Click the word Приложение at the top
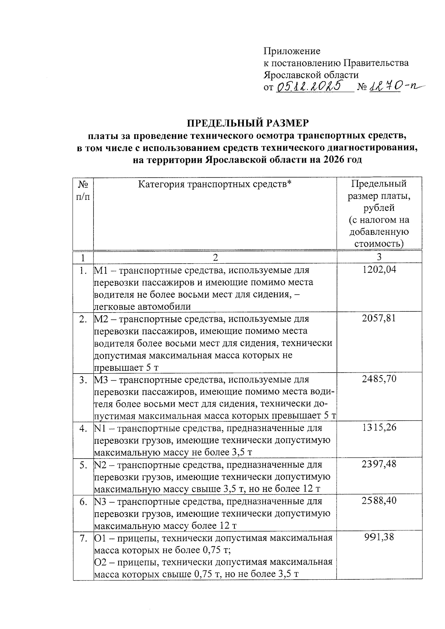click(x=292, y=51)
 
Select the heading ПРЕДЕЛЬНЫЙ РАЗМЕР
click(x=247, y=122)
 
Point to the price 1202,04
click(x=379, y=270)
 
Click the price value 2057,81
click(x=379, y=318)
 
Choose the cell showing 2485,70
click(x=379, y=379)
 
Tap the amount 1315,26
click(x=379, y=428)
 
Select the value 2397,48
click(x=379, y=464)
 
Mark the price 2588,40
click(x=379, y=501)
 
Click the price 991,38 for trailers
click(x=379, y=537)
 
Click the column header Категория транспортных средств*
click(x=215, y=184)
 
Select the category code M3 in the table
click(x=101, y=380)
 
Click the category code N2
click(x=100, y=465)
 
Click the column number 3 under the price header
click(x=379, y=257)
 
